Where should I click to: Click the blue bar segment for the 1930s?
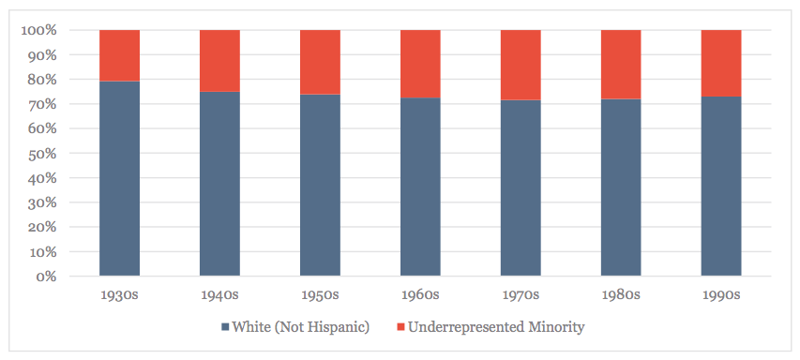[x=119, y=179]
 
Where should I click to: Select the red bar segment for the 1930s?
[x=119, y=55]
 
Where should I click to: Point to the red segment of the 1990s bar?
[x=721, y=63]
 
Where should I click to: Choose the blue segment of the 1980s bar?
[x=621, y=187]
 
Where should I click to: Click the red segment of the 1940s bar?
[x=219, y=60]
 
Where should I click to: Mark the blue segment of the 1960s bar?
[x=420, y=187]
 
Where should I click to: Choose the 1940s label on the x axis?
[x=219, y=295]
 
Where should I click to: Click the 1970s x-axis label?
[x=521, y=295]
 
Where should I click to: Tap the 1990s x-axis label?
[x=721, y=295]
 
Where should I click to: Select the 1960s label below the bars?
[x=420, y=295]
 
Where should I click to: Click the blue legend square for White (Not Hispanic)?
[x=226, y=327]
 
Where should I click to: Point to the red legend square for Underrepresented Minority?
[x=401, y=327]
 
